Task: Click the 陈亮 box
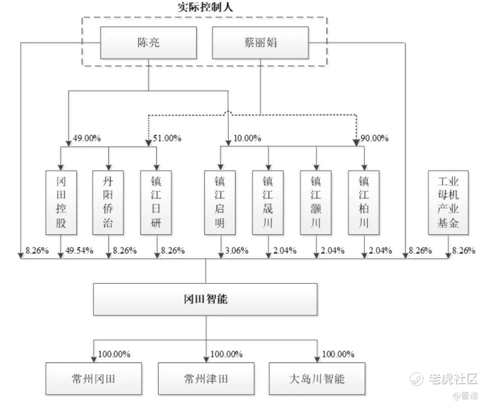click(148, 43)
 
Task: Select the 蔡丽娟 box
click(260, 43)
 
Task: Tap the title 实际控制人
click(205, 7)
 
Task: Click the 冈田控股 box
click(61, 202)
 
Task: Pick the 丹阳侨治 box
click(108, 202)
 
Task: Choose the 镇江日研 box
click(156, 202)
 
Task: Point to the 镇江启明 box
click(220, 202)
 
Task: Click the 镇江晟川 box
click(268, 202)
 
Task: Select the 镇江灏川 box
click(316, 202)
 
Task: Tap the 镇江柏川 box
click(363, 202)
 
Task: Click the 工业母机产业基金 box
click(448, 202)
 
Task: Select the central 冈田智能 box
click(205, 299)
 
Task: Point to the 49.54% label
click(79, 251)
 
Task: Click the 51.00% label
click(167, 138)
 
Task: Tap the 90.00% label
click(374, 138)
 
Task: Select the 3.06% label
click(236, 251)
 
